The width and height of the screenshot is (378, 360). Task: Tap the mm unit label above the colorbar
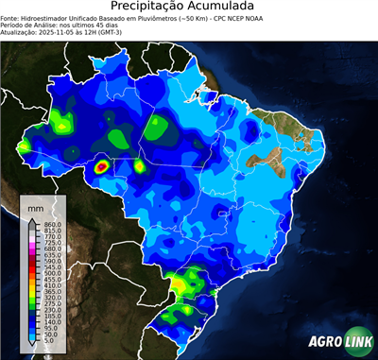[36, 207]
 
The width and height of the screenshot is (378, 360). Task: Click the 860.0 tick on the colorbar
[52, 223]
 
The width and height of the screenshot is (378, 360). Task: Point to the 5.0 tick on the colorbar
[49, 342]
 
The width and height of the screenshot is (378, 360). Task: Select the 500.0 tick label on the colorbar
[52, 272]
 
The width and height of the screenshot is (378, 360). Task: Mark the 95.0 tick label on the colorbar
[50, 328]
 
